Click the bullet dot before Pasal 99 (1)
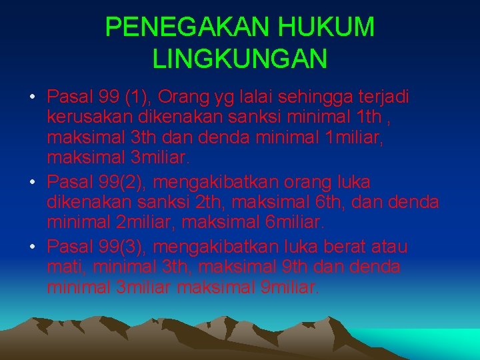(x=33, y=99)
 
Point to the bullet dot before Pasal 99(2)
(x=33, y=183)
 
